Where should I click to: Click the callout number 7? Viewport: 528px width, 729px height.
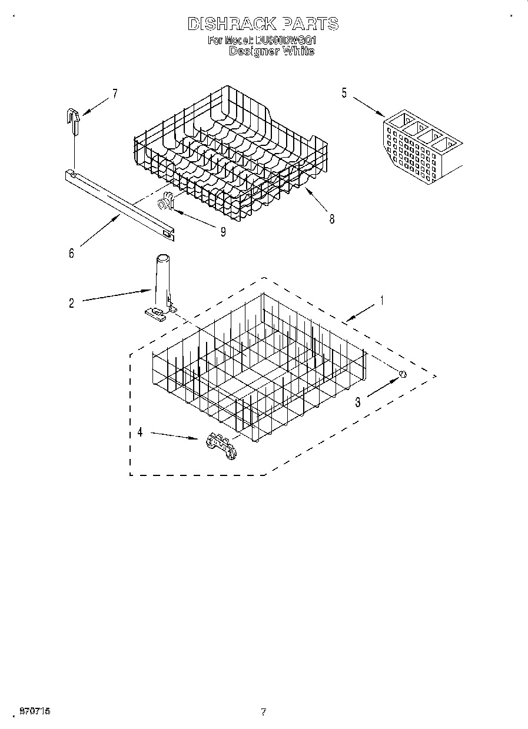coord(115,93)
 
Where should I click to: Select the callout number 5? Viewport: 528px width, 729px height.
coord(344,93)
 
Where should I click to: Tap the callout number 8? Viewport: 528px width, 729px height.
coord(332,219)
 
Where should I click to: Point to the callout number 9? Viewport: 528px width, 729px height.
coord(223,231)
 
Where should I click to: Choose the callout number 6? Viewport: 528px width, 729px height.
coord(71,254)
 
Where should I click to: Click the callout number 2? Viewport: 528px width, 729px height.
coord(71,303)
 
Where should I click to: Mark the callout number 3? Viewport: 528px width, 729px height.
coord(357,402)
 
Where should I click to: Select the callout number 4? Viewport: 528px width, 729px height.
coord(140,432)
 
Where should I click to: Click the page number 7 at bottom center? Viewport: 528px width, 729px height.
coord(264,712)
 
